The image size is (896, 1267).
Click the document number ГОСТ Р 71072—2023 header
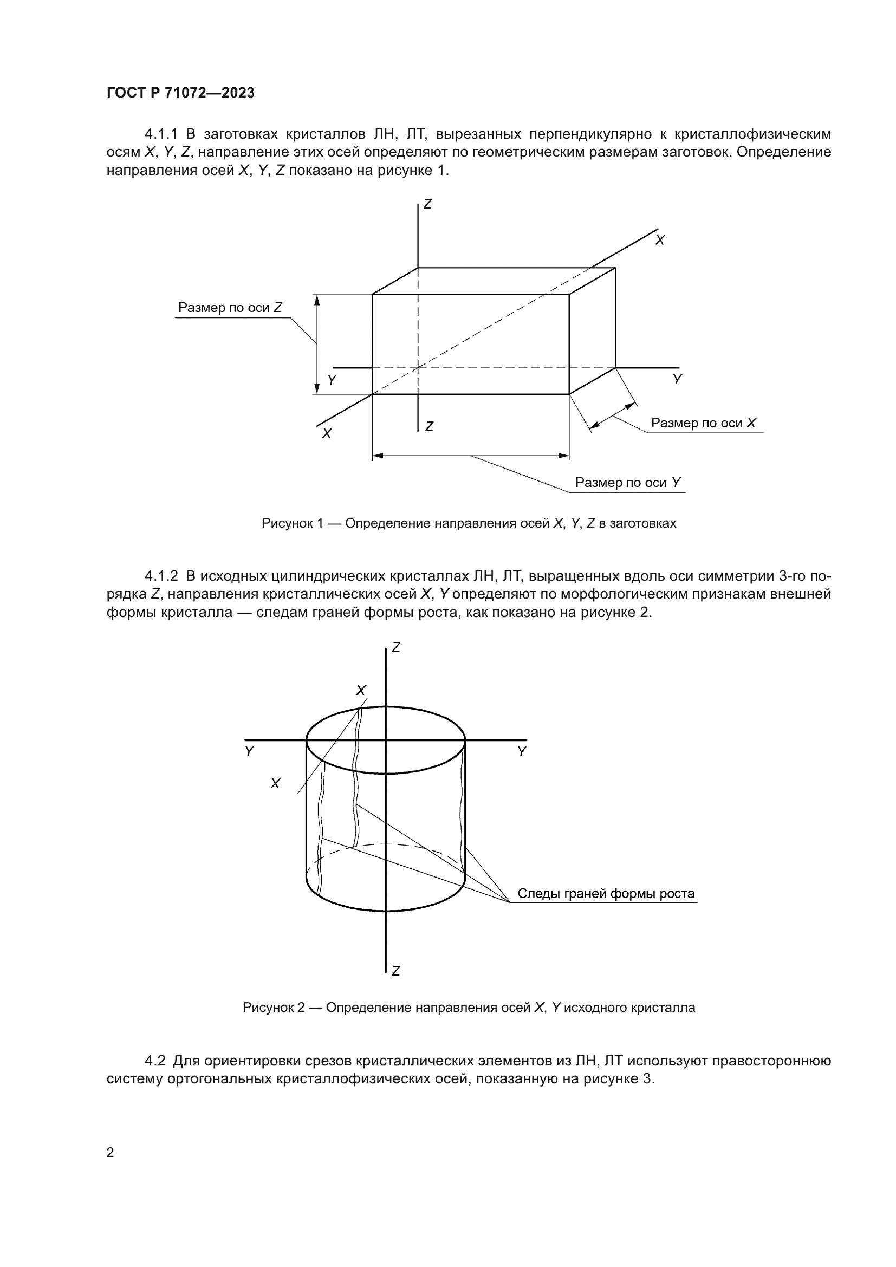coord(180,93)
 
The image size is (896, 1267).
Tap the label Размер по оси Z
coord(230,308)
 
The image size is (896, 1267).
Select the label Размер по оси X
coord(704,423)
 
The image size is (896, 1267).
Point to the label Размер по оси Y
coord(628,482)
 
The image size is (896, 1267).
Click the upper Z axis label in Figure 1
coord(427,204)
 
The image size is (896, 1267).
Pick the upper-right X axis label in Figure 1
coord(660,240)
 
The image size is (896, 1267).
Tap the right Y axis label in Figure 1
coord(678,380)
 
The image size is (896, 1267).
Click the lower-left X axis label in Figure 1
coord(327,434)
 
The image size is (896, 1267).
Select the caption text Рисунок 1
coord(293,523)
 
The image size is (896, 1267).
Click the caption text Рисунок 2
coord(274,1008)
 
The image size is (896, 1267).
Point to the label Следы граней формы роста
coord(606,893)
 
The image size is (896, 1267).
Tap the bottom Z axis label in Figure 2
coord(395,971)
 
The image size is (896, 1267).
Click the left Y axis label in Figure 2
coord(249,751)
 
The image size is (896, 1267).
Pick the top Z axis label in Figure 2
coord(395,647)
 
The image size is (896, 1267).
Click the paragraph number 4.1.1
coord(161,134)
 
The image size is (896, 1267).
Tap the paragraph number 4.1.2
coord(161,576)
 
